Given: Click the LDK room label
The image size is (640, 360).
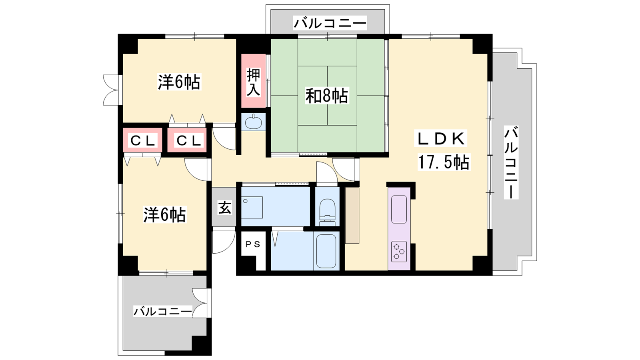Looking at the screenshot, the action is point(442,139).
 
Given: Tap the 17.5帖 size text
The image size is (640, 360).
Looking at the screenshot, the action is point(444,162).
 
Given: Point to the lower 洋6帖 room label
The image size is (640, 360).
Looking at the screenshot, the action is point(164,214).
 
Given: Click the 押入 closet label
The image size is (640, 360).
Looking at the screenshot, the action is point(254,82).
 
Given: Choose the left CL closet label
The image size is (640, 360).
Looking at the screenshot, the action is point(142,140).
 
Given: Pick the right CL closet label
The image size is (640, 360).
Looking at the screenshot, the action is point(187,140).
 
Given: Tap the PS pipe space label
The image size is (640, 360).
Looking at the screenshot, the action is point(253,244).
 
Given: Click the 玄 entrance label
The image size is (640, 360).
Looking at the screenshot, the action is point(224,208).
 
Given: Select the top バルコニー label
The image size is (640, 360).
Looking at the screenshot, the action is point(330,23).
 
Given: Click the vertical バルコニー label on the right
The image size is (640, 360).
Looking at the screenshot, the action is point(511,162).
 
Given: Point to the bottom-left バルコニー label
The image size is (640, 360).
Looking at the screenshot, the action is point(162,311).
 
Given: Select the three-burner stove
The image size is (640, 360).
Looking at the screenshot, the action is point(398,251).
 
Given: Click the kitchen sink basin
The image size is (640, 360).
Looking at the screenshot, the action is point(399,210).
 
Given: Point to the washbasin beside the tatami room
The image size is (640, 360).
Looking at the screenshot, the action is point(254,122).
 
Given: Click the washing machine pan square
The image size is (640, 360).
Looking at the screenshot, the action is point(252,208).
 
